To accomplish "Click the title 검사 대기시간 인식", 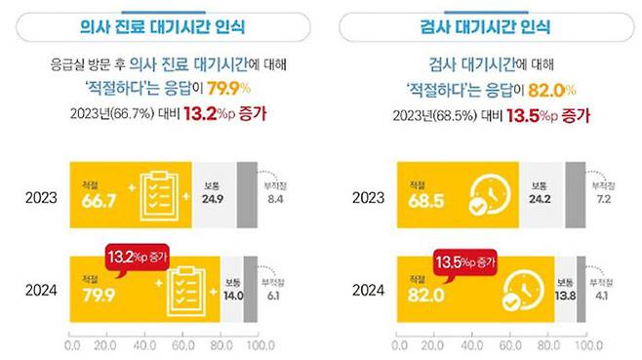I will (481, 25).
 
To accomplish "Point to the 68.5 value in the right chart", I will (418, 199).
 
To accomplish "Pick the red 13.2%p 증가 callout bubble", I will (137, 260).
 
